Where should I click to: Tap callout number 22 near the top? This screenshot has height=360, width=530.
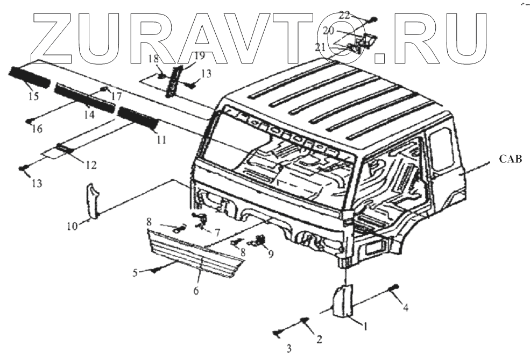pyautogui.click(x=344, y=15)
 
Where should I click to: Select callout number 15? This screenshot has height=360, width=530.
pyautogui.click(x=33, y=97)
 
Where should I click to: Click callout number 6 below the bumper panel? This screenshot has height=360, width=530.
pyautogui.click(x=196, y=291)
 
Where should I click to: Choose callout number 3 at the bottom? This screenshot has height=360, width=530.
pyautogui.click(x=289, y=349)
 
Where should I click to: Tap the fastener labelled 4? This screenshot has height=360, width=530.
pyautogui.click(x=397, y=286)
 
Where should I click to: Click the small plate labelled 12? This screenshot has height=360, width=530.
pyautogui.click(x=63, y=147)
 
